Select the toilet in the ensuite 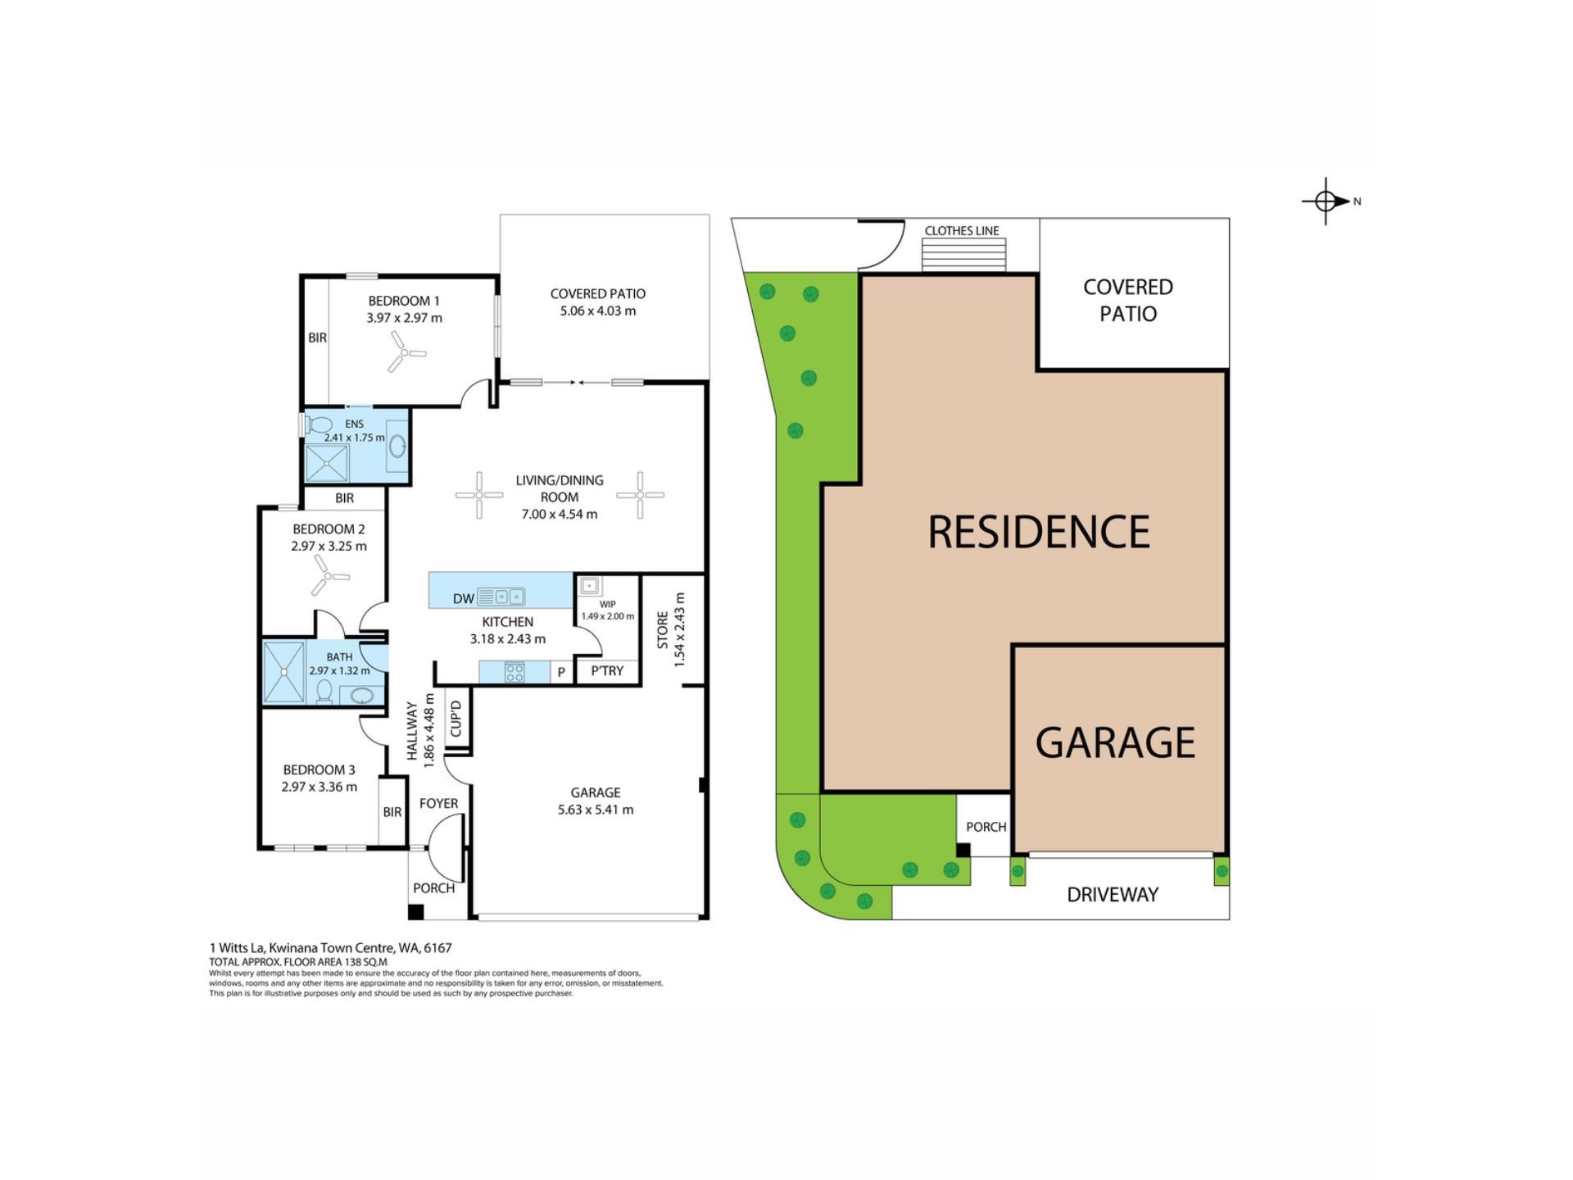319,424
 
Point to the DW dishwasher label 464,598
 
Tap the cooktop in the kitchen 515,672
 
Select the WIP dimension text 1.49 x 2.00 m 608,616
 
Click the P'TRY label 607,670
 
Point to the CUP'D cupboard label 456,718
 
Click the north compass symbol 1327,201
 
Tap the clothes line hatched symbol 963,255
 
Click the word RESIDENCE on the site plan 1039,532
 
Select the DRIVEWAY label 1113,895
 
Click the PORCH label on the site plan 986,827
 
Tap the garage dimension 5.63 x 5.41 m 596,810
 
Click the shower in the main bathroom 284,672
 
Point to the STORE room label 663,629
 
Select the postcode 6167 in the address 438,947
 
